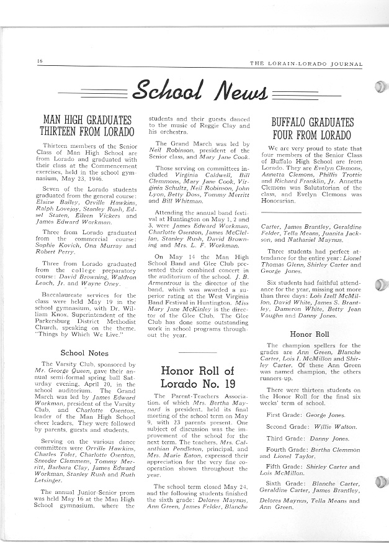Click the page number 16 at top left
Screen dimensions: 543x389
(39, 61)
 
